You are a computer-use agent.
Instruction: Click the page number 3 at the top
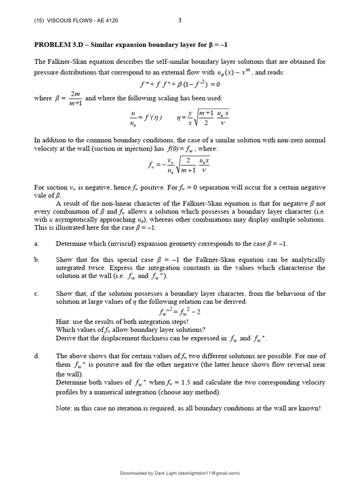pyautogui.click(x=180, y=20)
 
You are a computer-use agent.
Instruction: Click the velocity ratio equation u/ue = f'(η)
pyautogui.click(x=146, y=117)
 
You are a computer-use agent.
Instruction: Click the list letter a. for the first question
pyautogui.click(x=36, y=244)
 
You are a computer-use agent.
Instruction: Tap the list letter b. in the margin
pyautogui.click(x=37, y=259)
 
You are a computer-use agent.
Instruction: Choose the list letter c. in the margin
pyautogui.click(x=36, y=293)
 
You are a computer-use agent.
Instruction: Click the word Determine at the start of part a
pyautogui.click(x=71, y=244)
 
